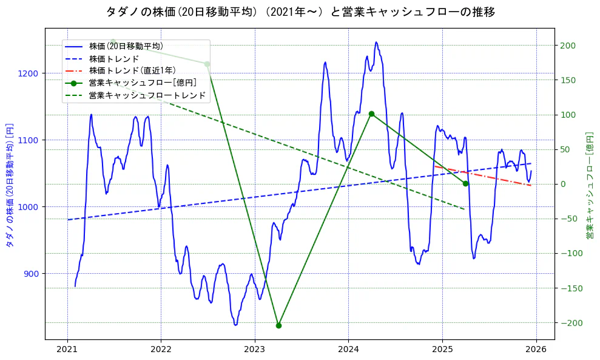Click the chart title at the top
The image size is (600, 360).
pyautogui.click(x=300, y=12)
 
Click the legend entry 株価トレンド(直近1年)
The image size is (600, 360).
pyautogui.click(x=132, y=70)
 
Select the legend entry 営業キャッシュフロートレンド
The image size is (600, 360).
pyautogui.click(x=147, y=95)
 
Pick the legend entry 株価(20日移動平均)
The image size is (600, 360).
pyautogui.click(x=126, y=46)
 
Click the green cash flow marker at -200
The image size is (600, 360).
pyautogui.click(x=278, y=325)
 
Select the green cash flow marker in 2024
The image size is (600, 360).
pyautogui.click(x=371, y=114)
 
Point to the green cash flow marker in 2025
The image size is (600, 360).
pyautogui.click(x=465, y=183)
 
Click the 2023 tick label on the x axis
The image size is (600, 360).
pyautogui.click(x=255, y=350)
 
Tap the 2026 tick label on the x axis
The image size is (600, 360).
pyautogui.click(x=536, y=350)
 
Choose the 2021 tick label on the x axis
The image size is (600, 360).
pyautogui.click(x=67, y=350)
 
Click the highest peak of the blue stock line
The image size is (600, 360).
pyautogui.click(x=376, y=42)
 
